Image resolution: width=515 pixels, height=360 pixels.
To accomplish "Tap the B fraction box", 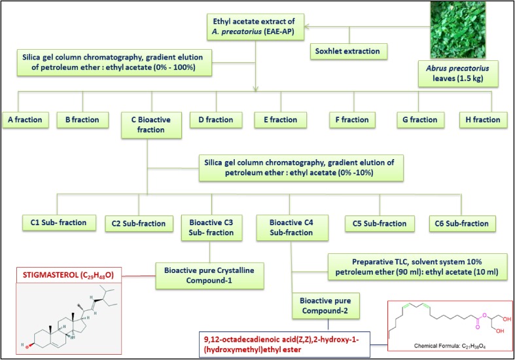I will click(83, 120).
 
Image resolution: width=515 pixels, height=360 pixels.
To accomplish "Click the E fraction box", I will click(276, 120).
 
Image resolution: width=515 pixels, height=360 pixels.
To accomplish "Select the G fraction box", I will click(420, 120).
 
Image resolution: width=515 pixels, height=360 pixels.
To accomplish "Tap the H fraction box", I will click(482, 120).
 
